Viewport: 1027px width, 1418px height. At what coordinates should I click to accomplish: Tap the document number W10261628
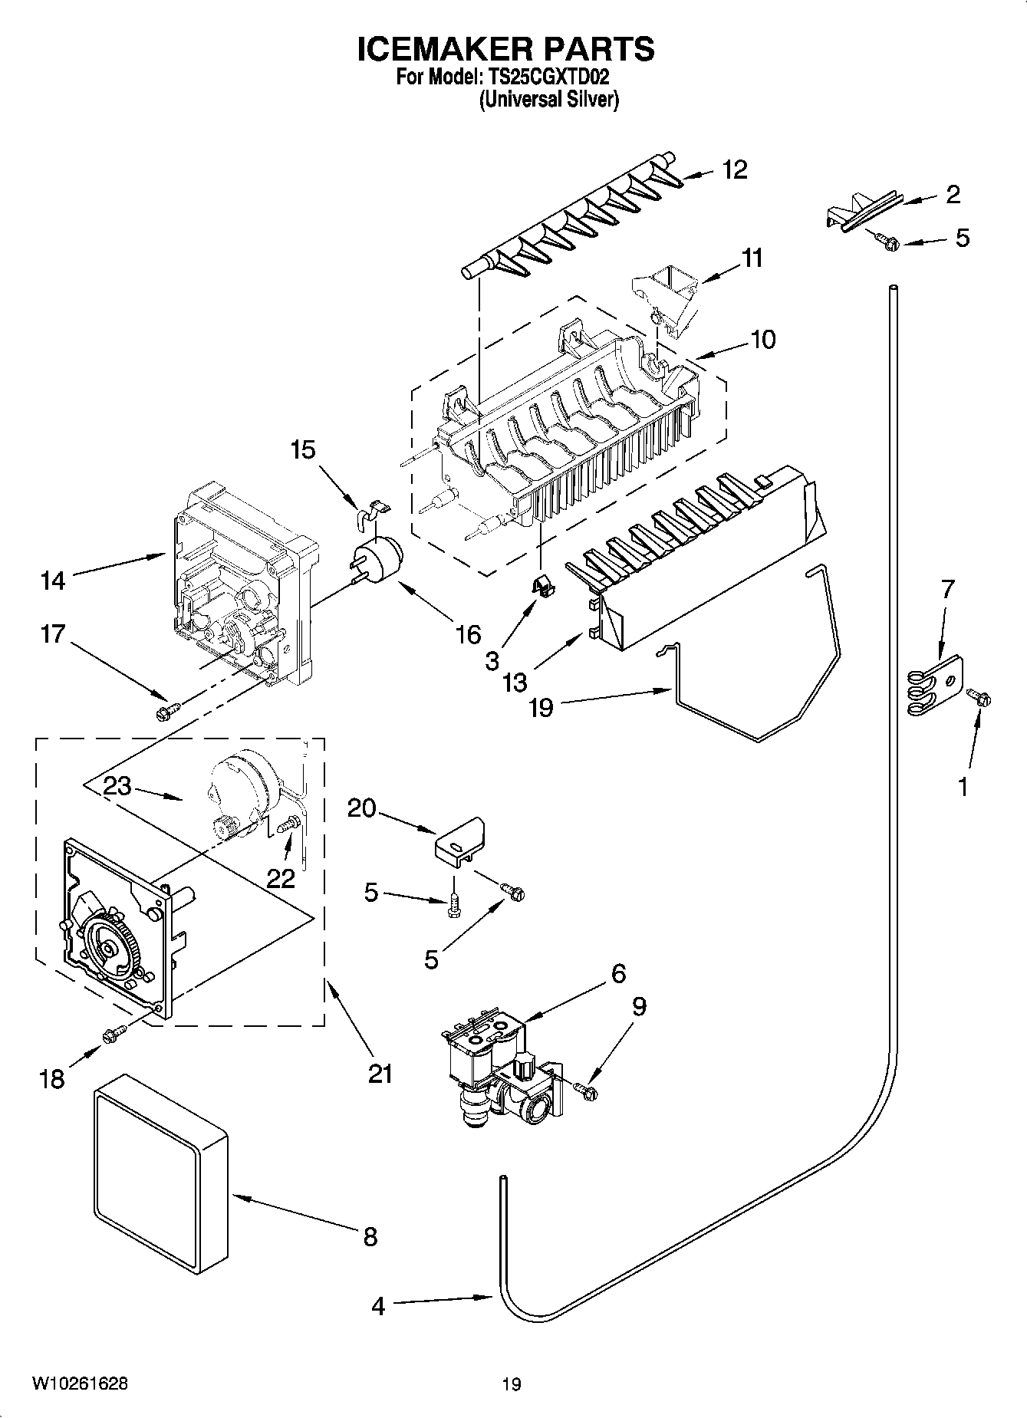coord(80,1383)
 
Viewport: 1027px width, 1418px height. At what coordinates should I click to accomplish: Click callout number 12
coord(735,169)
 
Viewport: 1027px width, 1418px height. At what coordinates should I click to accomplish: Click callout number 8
coord(370,1236)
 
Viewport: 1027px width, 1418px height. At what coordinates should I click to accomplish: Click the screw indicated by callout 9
coord(588,1090)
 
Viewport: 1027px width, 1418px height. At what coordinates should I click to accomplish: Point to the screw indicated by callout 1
coord(979,697)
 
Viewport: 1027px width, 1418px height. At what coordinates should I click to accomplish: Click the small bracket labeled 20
coord(461,841)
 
